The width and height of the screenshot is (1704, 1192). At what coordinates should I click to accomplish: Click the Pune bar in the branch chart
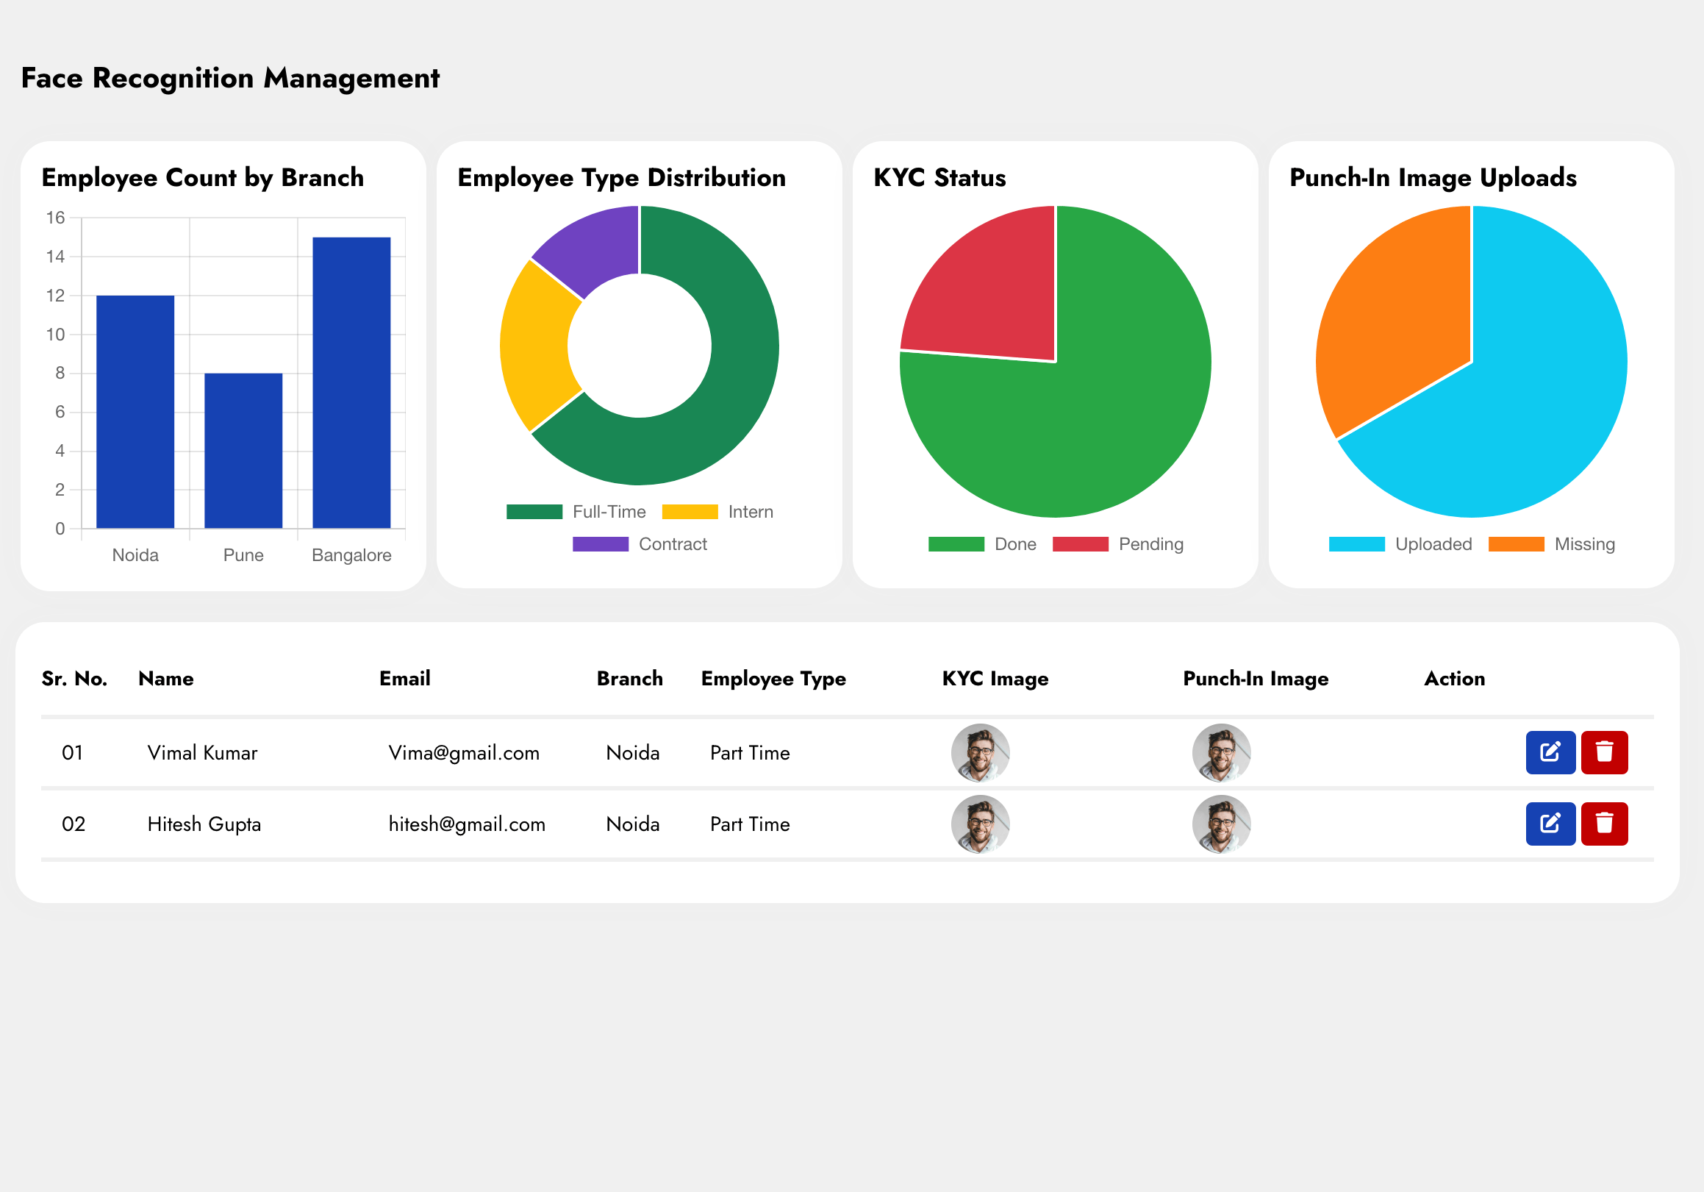click(x=243, y=451)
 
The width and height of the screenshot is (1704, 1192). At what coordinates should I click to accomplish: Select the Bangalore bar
click(x=351, y=382)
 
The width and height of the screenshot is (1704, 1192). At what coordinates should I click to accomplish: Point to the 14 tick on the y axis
click(x=56, y=257)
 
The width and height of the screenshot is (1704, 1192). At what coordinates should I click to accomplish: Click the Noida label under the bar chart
click(x=135, y=555)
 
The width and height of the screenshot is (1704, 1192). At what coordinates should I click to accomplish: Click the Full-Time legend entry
click(x=576, y=512)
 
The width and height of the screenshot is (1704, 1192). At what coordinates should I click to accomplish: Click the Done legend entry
click(x=983, y=544)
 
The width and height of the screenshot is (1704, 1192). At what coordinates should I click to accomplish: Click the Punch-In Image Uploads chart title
click(x=1432, y=178)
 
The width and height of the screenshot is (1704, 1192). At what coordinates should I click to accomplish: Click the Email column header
click(x=404, y=679)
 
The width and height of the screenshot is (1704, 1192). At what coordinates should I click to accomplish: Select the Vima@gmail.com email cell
click(x=464, y=752)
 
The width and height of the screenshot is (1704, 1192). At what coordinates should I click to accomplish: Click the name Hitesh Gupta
click(x=204, y=824)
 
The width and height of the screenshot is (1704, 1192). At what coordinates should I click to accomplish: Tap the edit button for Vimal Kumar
click(x=1550, y=752)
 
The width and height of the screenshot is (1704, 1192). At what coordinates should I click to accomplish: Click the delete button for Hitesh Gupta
click(x=1604, y=824)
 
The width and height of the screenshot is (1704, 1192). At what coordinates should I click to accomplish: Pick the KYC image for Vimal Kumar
click(x=981, y=752)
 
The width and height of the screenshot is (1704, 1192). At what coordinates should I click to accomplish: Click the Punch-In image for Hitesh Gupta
click(x=1222, y=824)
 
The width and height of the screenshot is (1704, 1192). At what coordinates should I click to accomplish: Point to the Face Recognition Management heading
click(x=230, y=78)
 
